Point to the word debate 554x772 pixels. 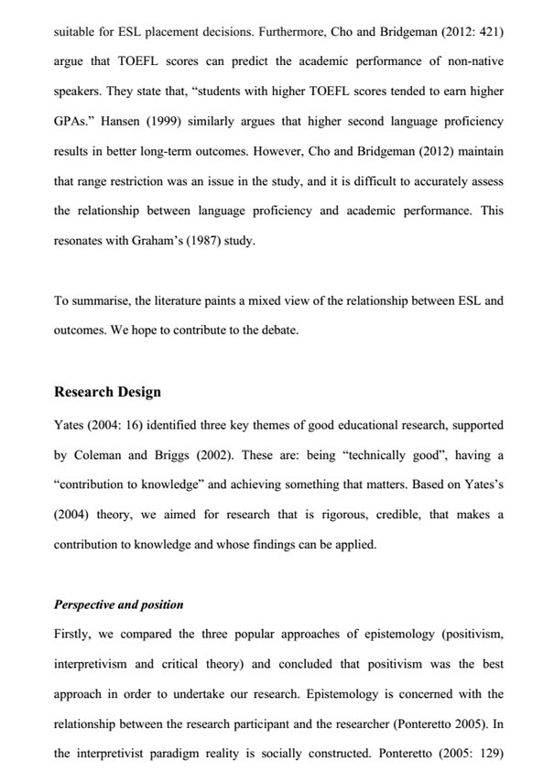click(x=277, y=330)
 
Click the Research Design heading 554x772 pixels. click(x=107, y=392)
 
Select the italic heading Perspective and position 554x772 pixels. click(x=119, y=604)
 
